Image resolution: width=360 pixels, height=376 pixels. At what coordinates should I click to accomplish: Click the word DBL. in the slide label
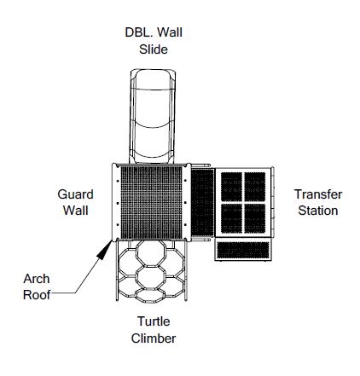(x=139, y=32)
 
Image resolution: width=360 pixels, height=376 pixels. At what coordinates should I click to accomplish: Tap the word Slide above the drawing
(x=154, y=49)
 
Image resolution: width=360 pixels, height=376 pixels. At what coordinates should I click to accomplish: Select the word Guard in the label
(x=75, y=195)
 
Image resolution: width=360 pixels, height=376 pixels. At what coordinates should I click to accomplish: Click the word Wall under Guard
(x=75, y=211)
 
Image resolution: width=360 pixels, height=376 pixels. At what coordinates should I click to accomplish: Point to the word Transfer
(x=318, y=194)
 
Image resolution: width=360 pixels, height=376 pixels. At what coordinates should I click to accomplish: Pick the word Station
(x=318, y=211)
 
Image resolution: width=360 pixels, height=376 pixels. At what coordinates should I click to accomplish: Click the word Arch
(x=37, y=279)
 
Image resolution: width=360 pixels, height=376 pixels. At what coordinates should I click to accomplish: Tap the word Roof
(x=37, y=295)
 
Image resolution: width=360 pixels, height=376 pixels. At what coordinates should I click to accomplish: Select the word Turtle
(x=154, y=321)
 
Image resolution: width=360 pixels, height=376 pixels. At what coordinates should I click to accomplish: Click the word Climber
(x=154, y=338)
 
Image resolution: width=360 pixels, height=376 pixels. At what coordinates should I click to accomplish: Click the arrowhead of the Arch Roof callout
(x=105, y=249)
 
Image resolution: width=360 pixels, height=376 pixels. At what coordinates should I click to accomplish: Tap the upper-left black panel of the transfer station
(x=231, y=187)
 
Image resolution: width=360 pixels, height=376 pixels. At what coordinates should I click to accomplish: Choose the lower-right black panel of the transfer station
(x=255, y=218)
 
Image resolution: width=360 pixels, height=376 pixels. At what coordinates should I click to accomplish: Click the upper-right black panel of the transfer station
(x=255, y=187)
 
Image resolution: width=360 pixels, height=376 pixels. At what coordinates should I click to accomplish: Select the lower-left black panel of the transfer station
(x=231, y=218)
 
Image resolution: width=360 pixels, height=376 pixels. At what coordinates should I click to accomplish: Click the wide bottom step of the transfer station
(x=243, y=250)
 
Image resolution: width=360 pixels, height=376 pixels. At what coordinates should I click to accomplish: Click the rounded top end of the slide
(x=154, y=71)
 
